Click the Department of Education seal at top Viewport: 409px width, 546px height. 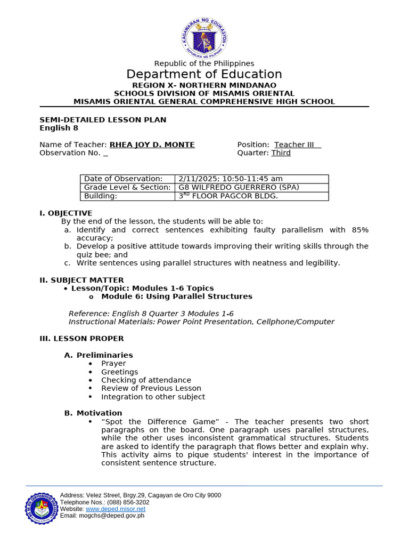[204, 37]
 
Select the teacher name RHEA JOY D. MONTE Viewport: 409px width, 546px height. [152, 144]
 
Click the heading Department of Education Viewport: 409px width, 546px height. [204, 74]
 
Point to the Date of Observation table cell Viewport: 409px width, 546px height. [123, 179]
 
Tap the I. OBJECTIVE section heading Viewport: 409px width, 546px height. [66, 213]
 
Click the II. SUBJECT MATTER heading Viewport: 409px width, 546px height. [81, 280]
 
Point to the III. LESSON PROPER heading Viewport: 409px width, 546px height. [81, 338]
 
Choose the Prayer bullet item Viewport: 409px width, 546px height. [113, 363]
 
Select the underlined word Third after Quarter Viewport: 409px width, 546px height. [281, 153]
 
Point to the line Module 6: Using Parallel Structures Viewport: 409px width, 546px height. [177, 296]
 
